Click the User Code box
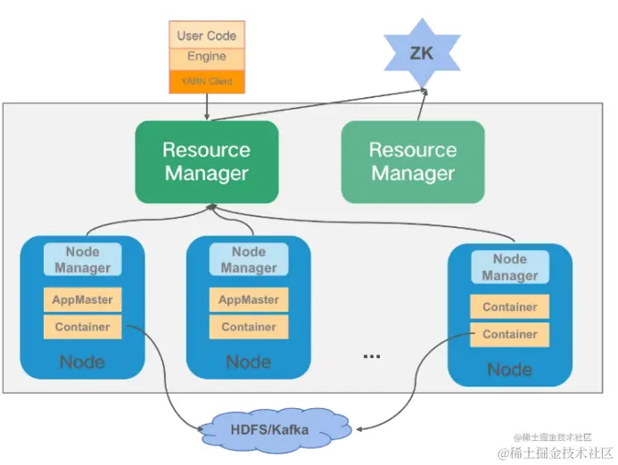click(207, 35)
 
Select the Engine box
click(207, 57)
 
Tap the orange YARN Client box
click(207, 81)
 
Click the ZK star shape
click(421, 53)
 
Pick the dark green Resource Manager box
click(207, 161)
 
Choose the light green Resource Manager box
click(413, 161)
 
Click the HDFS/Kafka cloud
click(269, 430)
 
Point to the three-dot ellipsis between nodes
click(372, 355)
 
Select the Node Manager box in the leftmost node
click(82, 259)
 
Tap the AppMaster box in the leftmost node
click(82, 300)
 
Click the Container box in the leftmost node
click(82, 327)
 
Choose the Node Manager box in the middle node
click(249, 259)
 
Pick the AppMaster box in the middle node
click(249, 300)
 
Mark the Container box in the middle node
click(249, 327)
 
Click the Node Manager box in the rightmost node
click(510, 267)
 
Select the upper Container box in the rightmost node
click(510, 307)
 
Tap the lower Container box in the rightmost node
click(510, 334)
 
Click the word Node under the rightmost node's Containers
click(510, 369)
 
